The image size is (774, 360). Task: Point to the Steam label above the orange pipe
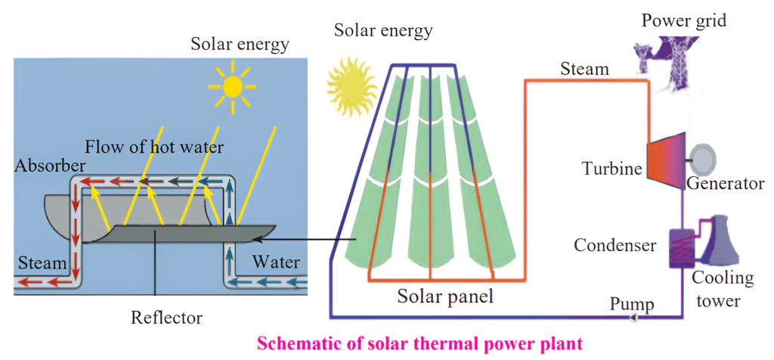point(584,69)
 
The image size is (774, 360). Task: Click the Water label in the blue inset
point(276,262)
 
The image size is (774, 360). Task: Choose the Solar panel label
point(445,296)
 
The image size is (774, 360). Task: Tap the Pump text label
point(633,303)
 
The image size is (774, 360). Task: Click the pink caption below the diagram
point(420,344)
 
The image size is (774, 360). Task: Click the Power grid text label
point(684,20)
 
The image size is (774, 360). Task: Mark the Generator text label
point(726,183)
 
